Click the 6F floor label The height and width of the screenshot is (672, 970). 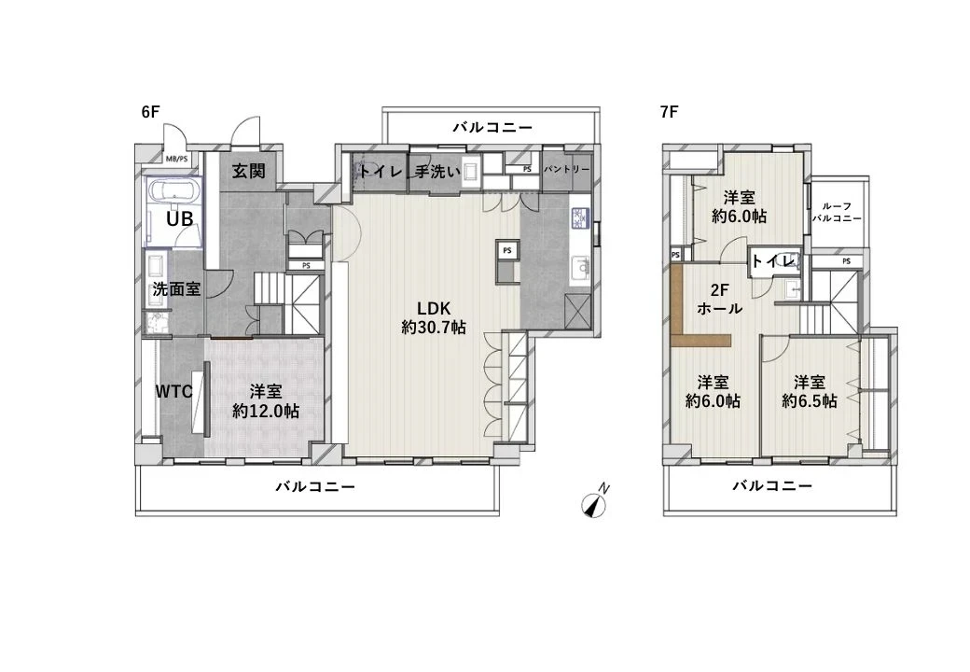[x=151, y=112]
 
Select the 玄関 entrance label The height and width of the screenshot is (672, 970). [x=249, y=171]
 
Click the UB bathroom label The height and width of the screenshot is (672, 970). [x=180, y=218]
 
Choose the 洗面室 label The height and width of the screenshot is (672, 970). [x=176, y=289]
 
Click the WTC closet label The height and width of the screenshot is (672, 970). [x=173, y=392]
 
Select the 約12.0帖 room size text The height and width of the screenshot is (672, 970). [x=266, y=411]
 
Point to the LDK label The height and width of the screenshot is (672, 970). [x=434, y=309]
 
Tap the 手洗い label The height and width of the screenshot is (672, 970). [x=437, y=172]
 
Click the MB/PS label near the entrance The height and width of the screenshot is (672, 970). [x=176, y=158]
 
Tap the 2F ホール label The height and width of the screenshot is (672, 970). [x=719, y=299]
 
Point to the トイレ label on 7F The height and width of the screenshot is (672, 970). [x=772, y=260]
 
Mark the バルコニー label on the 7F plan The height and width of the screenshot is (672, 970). [x=771, y=485]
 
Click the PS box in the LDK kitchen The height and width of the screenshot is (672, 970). [x=506, y=251]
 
